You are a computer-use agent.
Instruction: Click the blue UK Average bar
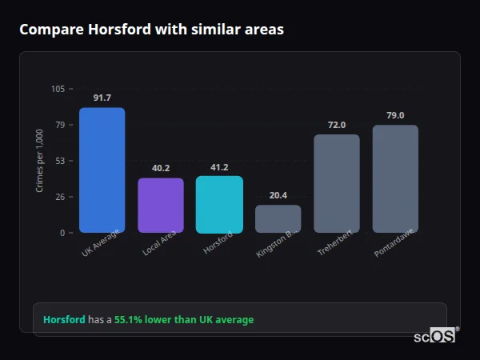coord(102,170)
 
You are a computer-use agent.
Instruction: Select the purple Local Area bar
coord(161,205)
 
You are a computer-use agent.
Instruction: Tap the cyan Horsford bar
coord(219,204)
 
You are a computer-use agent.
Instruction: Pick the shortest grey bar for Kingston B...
coord(278,218)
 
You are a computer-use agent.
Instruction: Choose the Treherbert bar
coord(337,183)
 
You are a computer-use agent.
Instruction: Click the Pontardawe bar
coord(395,178)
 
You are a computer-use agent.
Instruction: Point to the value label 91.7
coord(102,98)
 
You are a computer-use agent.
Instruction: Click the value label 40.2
coord(161,168)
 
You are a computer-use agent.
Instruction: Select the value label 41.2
coord(219,167)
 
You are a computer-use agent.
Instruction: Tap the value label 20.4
coord(278,195)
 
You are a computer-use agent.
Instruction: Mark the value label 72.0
coord(337,125)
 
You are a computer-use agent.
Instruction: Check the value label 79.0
coord(395,115)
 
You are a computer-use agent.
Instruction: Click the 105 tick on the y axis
coord(58,89)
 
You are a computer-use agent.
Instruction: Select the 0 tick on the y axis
coord(62,233)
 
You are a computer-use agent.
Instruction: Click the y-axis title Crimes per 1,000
coord(40,161)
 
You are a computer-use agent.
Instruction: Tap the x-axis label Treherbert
coord(335,244)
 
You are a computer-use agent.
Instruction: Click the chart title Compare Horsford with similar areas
coord(151,30)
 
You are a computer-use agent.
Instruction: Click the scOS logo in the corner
coord(435,336)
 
